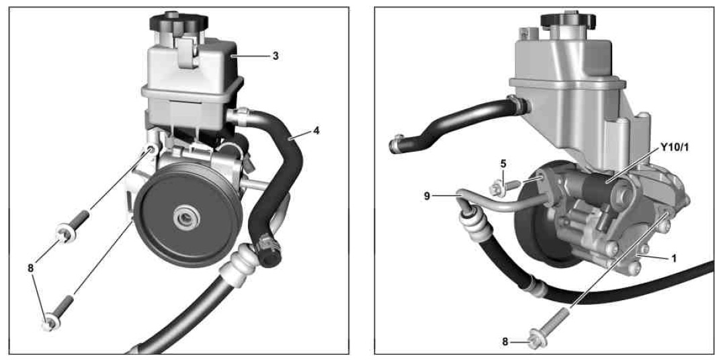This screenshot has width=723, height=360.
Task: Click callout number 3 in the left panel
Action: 275,56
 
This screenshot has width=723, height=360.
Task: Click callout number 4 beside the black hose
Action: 316,130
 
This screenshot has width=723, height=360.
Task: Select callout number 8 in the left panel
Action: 31,268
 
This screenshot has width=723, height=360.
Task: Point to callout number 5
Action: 503,163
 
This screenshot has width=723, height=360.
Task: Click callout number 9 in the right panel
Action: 427,196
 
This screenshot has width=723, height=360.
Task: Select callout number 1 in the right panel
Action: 674,259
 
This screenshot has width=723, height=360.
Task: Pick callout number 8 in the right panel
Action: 505,342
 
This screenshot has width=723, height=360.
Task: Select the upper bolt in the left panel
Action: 73,226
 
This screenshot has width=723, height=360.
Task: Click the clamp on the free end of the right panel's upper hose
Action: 396,144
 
